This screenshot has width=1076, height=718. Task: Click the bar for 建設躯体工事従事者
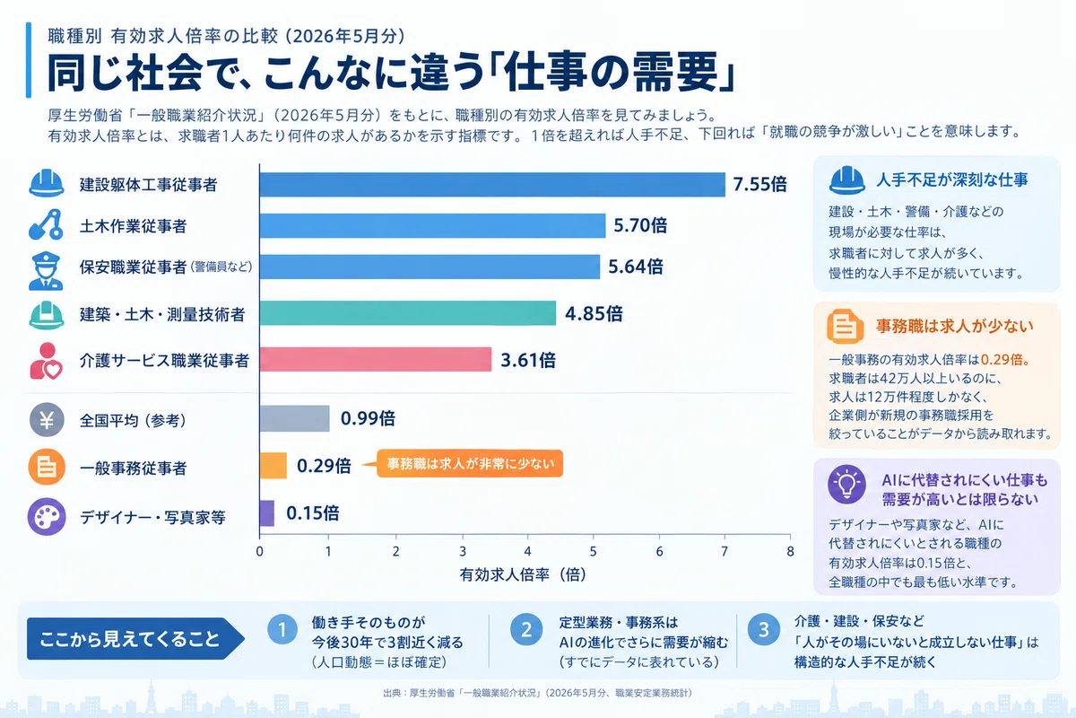click(492, 185)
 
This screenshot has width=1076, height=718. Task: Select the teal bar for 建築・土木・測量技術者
click(408, 313)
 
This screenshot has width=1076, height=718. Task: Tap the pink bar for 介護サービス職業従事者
click(376, 359)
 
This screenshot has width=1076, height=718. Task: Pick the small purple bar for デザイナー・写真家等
click(267, 513)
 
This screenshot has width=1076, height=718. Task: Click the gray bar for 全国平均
click(294, 418)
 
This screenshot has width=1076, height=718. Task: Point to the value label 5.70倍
click(640, 225)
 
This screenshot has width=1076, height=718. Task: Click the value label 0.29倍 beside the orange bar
click(324, 466)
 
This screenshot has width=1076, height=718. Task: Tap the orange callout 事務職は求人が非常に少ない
click(470, 464)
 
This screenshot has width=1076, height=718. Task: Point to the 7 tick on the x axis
click(725, 551)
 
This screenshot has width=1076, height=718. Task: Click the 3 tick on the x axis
click(463, 551)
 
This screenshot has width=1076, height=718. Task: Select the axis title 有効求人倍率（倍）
click(523, 574)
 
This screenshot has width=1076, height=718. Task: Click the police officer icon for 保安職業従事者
click(46, 271)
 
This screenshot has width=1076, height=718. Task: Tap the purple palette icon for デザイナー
click(47, 517)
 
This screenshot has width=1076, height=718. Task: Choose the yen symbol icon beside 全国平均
click(47, 420)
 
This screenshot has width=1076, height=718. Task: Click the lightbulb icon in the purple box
click(846, 485)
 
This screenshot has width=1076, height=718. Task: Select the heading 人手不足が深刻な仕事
click(952, 179)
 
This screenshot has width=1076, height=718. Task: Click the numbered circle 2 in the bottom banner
click(526, 629)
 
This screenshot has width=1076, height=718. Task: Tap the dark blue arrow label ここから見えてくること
click(135, 639)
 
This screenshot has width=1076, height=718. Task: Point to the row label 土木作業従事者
click(133, 225)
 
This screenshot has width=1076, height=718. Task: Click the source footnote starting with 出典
click(537, 693)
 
